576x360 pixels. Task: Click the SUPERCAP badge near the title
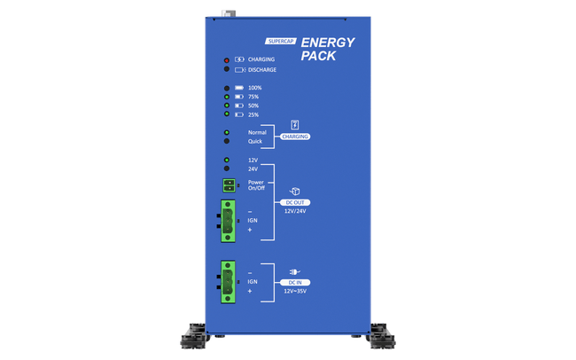tap(280, 42)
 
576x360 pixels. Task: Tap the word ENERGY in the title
tap(328, 43)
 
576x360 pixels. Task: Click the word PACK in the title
tap(319, 56)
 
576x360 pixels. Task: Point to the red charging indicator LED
tap(228, 59)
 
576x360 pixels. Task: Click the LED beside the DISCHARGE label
tap(228, 69)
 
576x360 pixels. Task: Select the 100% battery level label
tap(255, 88)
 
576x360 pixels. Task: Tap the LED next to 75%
tap(228, 97)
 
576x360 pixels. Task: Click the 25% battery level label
tap(253, 114)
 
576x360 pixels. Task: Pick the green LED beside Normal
tap(228, 132)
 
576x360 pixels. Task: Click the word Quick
tap(255, 141)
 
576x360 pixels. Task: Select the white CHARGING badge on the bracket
tap(295, 137)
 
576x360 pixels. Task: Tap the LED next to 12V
tap(228, 160)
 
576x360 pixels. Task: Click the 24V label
tap(253, 168)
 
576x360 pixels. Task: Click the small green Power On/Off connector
tap(230, 184)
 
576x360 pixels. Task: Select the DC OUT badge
tap(295, 203)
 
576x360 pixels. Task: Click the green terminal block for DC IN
tap(230, 281)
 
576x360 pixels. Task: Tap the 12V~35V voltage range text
tap(295, 291)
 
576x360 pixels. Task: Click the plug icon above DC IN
tap(295, 270)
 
